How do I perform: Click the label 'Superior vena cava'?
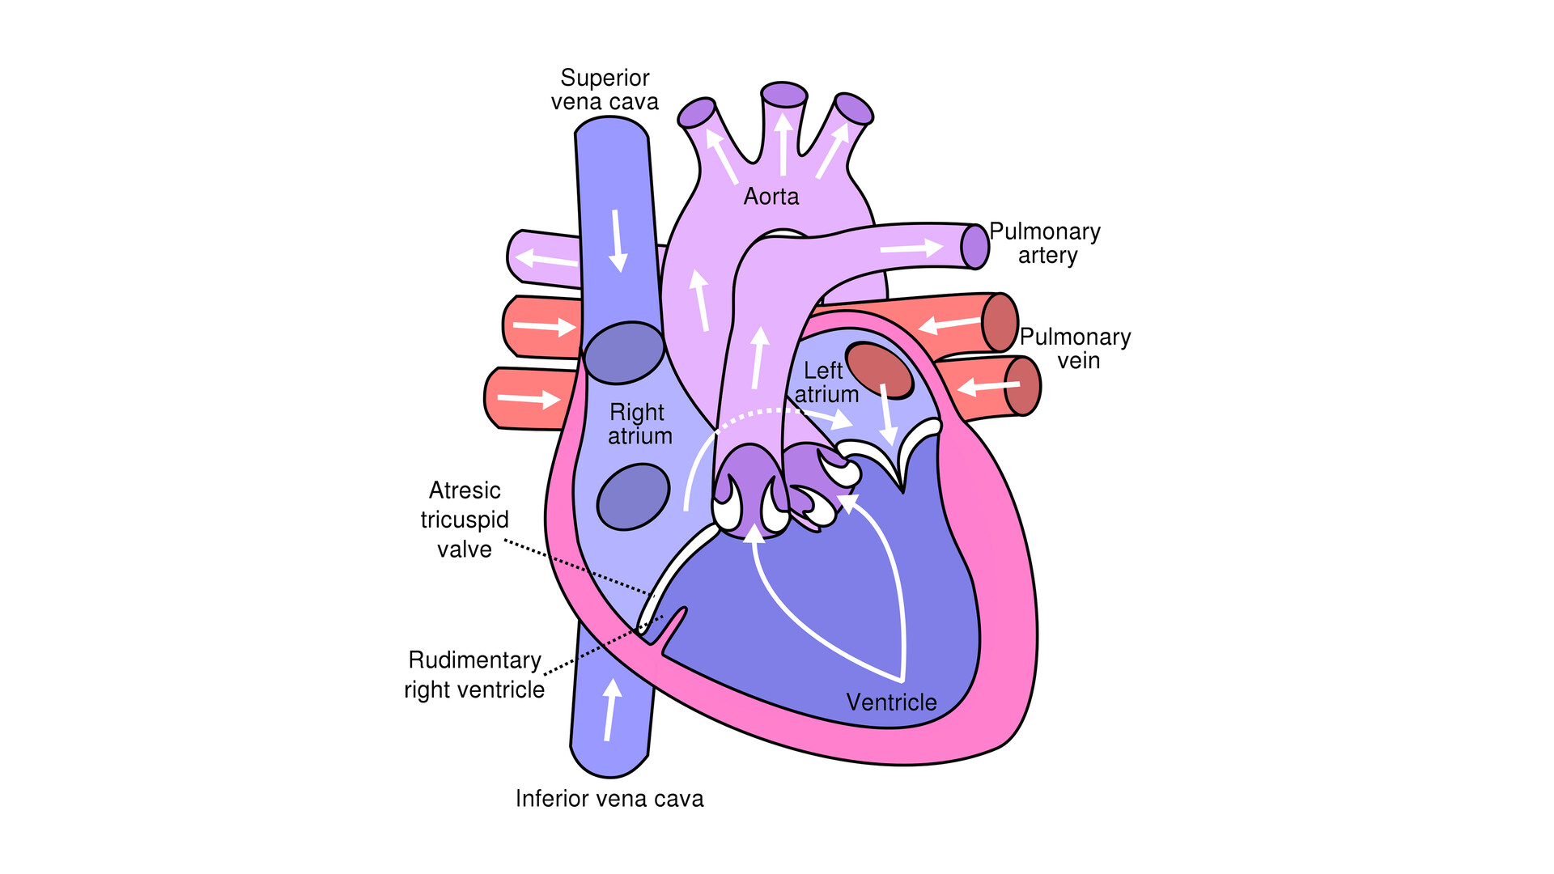pyautogui.click(x=605, y=90)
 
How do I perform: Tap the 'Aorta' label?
pyautogui.click(x=771, y=197)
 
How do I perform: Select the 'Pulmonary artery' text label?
pyautogui.click(x=1045, y=243)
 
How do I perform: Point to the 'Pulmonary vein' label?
pyautogui.click(x=1075, y=348)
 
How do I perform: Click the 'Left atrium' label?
pyautogui.click(x=826, y=382)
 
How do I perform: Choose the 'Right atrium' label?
pyautogui.click(x=639, y=424)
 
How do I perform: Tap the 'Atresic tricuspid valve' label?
pyautogui.click(x=464, y=520)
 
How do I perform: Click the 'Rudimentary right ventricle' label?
pyautogui.click(x=474, y=674)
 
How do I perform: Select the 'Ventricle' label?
pyautogui.click(x=891, y=702)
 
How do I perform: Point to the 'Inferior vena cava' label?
pyautogui.click(x=609, y=799)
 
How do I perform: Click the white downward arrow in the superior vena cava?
pyautogui.click(x=618, y=240)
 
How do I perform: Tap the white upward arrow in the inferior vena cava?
pyautogui.click(x=611, y=709)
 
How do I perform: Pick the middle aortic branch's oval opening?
pyautogui.click(x=783, y=95)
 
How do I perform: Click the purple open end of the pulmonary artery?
pyautogui.click(x=975, y=246)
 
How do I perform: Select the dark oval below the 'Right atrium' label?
pyautogui.click(x=633, y=497)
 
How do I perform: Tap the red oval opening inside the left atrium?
pyautogui.click(x=879, y=370)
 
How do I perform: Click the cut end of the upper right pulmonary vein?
pyautogui.click(x=1000, y=322)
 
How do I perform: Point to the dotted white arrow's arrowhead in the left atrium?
pyautogui.click(x=843, y=421)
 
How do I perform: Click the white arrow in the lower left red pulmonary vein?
pyautogui.click(x=529, y=398)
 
